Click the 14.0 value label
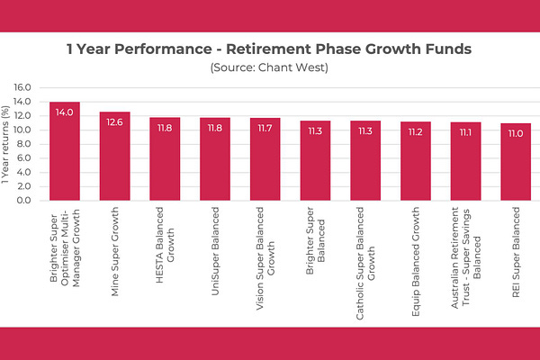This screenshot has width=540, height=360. (x=65, y=113)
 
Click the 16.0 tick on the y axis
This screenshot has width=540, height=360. (x=22, y=87)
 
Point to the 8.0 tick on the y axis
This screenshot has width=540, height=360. (x=24, y=144)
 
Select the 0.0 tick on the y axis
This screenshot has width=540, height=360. (x=24, y=200)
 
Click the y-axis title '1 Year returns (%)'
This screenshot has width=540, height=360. (x=7, y=144)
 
